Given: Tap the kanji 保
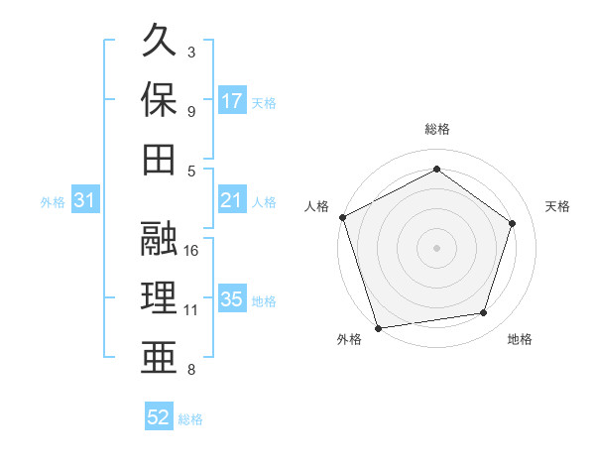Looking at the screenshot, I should (160, 100).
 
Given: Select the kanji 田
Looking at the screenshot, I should (160, 160).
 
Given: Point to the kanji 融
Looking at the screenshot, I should (160, 239).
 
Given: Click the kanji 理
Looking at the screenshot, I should (160, 298).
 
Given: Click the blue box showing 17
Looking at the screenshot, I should (232, 101).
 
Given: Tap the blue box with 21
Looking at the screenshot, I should (232, 200).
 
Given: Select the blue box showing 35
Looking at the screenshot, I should (232, 299).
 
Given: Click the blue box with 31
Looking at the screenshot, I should (84, 201).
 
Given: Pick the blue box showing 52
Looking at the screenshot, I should (159, 417).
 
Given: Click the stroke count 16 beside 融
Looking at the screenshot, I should (192, 250).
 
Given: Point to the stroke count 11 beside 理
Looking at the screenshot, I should (191, 310).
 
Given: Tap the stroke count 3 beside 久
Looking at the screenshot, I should (191, 52).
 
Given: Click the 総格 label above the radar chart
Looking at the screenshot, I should (436, 129).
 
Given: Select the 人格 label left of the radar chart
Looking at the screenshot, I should (317, 206).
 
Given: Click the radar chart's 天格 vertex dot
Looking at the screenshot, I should (513, 223).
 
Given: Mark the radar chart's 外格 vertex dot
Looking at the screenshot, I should (378, 327).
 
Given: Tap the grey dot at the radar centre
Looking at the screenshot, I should (436, 248).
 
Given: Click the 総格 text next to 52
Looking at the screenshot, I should (190, 419).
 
